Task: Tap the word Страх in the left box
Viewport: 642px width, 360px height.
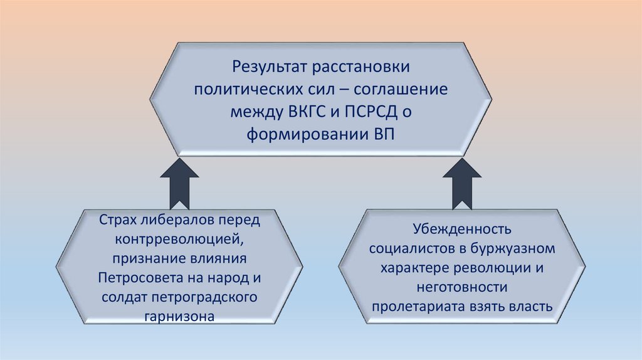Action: click(117, 221)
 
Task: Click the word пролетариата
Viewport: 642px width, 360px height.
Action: click(415, 307)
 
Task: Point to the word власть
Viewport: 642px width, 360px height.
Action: click(531, 307)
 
